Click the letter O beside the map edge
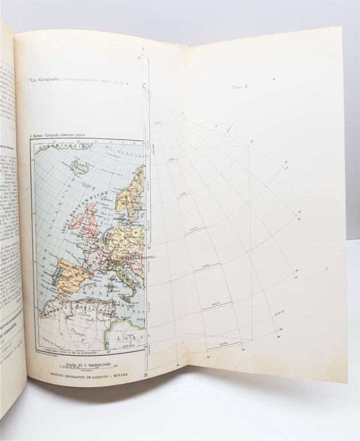click(x=149, y=247)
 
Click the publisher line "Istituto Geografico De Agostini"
click(x=89, y=373)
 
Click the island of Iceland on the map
click(x=79, y=168)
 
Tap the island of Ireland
click(x=74, y=218)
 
